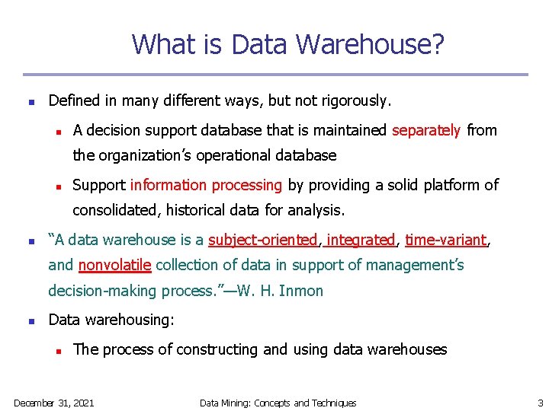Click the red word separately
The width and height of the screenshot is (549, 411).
pos(426,130)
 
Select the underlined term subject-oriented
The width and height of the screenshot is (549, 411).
pos(263,241)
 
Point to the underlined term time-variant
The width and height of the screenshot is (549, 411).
pos(445,241)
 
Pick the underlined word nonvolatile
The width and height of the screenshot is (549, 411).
pos(115,266)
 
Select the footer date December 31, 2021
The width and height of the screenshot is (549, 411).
pos(54,403)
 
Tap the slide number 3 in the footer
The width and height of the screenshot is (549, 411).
pos(541,403)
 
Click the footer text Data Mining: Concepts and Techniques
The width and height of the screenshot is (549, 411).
pos(278,403)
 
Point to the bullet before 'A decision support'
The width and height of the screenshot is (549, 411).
pos(57,131)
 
